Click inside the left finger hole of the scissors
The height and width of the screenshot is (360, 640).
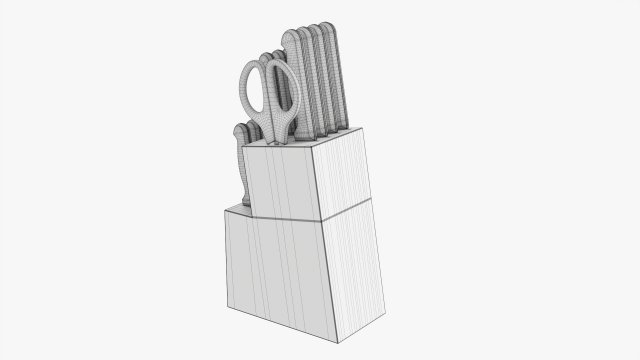(255, 88)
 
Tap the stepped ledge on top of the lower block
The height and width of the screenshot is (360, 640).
(236, 209)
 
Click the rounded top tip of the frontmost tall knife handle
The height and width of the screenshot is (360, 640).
(293, 36)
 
